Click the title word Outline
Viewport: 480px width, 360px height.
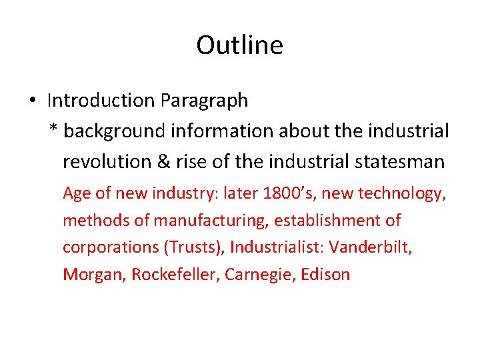(x=239, y=45)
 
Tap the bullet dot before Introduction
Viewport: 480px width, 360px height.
(x=32, y=101)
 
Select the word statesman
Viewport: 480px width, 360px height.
(x=402, y=161)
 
